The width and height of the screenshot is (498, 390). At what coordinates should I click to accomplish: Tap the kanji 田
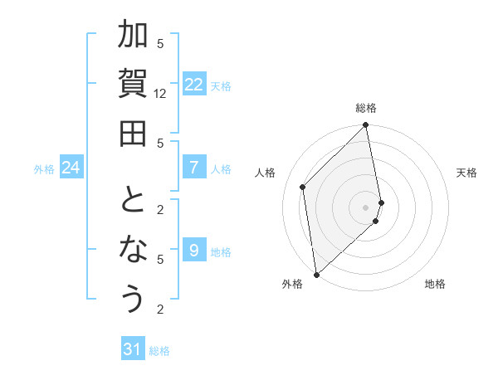(x=133, y=133)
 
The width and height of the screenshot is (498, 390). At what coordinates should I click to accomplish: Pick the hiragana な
(x=133, y=249)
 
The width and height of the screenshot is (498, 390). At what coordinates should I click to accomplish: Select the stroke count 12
(x=160, y=94)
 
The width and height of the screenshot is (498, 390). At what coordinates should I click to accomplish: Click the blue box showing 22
(x=193, y=85)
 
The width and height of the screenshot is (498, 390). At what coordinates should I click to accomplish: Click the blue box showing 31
(x=133, y=350)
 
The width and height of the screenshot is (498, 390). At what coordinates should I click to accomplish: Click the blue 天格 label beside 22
(x=221, y=85)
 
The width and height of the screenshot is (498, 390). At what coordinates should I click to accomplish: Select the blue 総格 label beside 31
(x=159, y=351)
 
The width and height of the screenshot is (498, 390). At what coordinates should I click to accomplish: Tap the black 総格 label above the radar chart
(x=365, y=108)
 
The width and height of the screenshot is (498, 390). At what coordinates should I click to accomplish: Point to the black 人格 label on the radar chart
(x=266, y=173)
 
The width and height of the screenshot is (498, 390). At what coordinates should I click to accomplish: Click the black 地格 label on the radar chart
(x=435, y=284)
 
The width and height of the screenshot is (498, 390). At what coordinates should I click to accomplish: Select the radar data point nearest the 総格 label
(x=365, y=126)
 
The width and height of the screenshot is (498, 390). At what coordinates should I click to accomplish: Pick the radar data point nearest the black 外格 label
(x=316, y=274)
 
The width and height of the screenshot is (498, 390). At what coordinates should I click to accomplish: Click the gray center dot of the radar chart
(x=365, y=207)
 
